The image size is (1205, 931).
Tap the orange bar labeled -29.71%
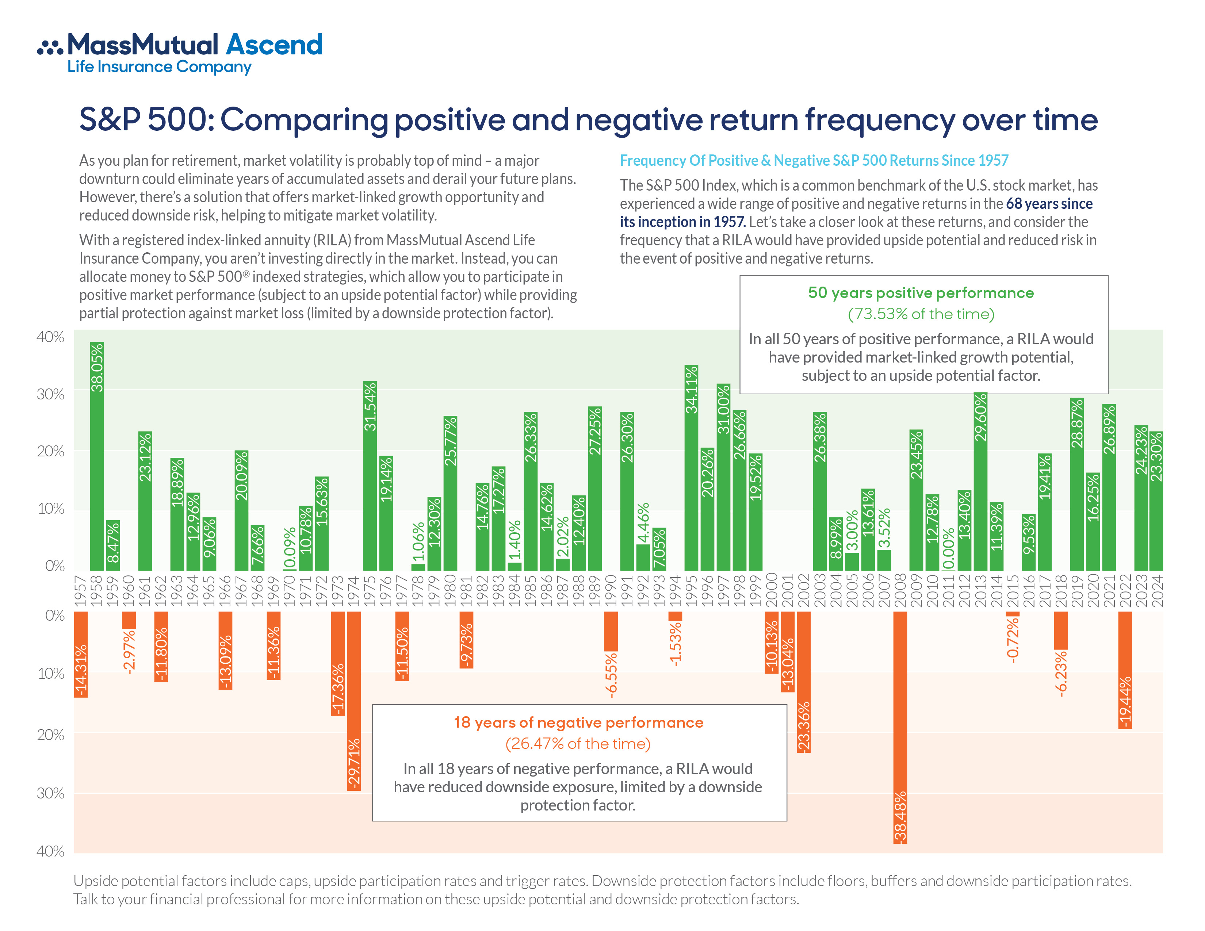pyautogui.click(x=354, y=701)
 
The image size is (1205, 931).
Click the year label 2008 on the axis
pyautogui.click(x=900, y=590)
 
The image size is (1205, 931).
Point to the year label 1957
pyautogui.click(x=81, y=590)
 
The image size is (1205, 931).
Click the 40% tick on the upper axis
pyautogui.click(x=50, y=337)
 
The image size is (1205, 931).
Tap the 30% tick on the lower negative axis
pyautogui.click(x=50, y=793)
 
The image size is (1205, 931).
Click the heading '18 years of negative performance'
pyautogui.click(x=578, y=723)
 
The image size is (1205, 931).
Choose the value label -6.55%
pyautogui.click(x=611, y=676)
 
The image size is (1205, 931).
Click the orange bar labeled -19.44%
pyautogui.click(x=1125, y=670)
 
